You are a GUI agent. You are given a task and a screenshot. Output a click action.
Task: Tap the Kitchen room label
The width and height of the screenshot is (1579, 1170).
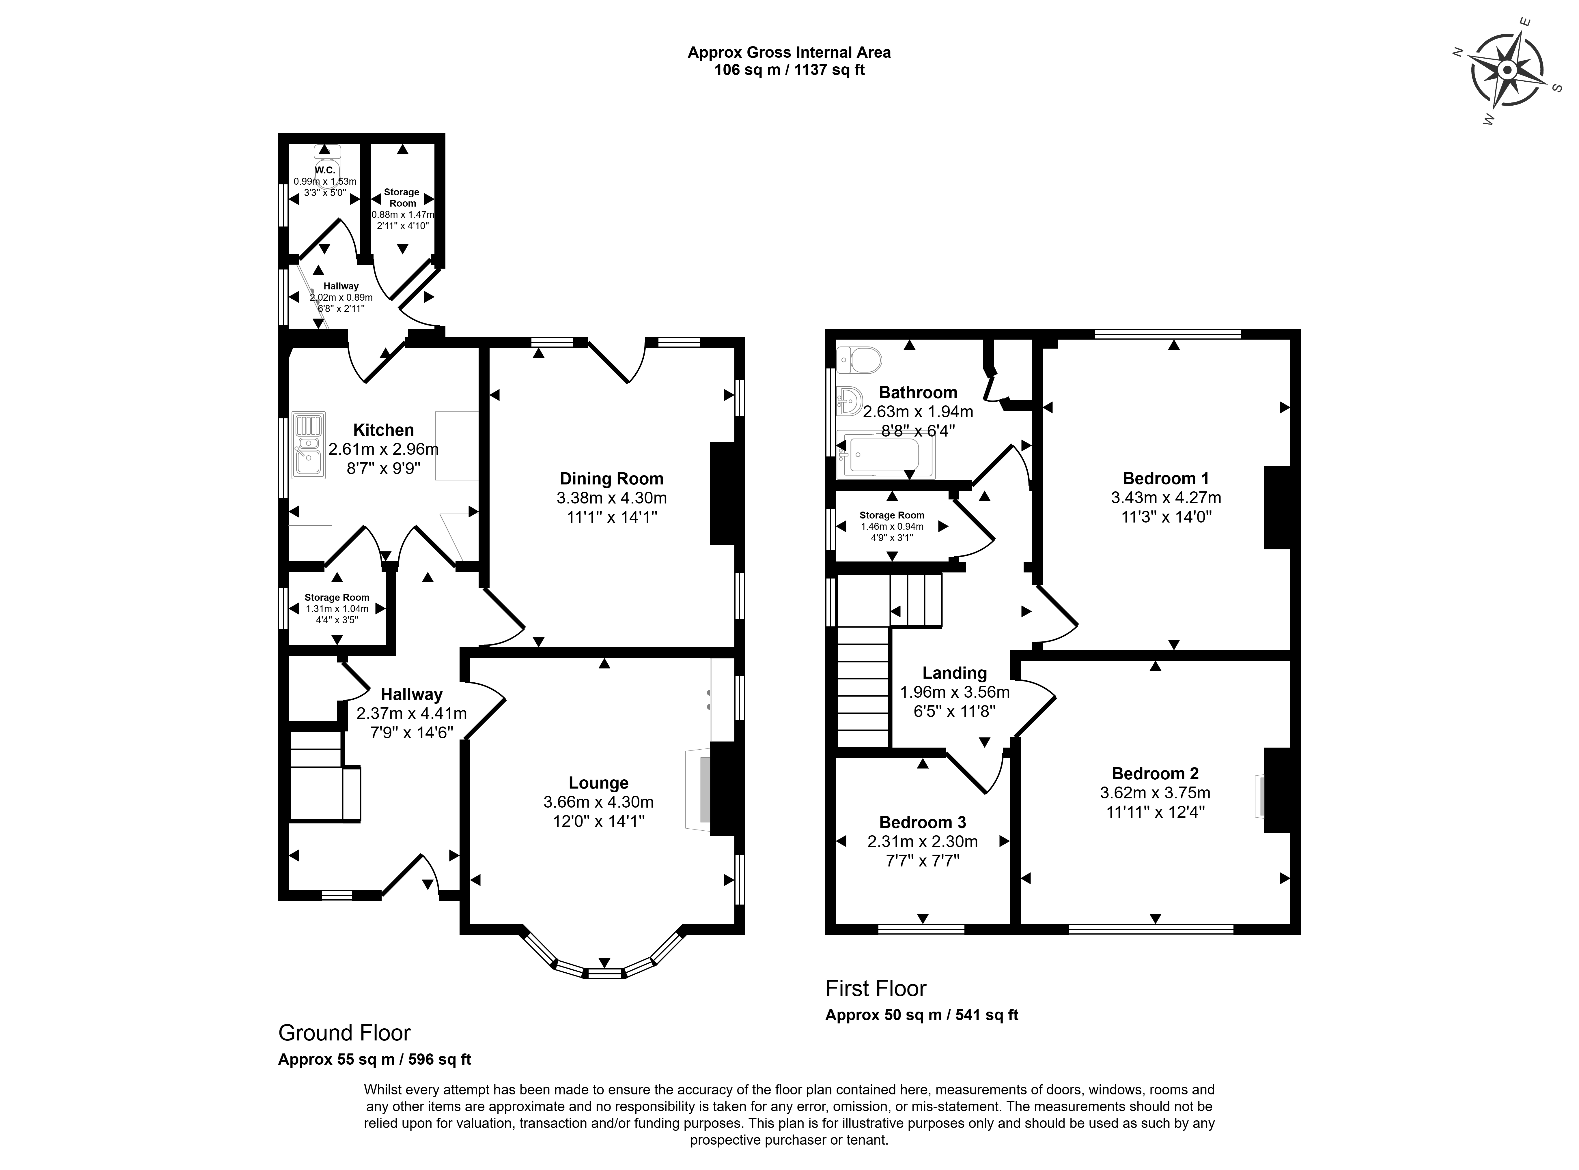pyautogui.click(x=383, y=430)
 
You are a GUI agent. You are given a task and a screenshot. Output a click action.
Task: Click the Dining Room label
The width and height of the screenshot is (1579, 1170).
pyautogui.click(x=611, y=479)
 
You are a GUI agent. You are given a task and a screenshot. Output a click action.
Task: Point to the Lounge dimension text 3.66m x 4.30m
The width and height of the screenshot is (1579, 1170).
pyautogui.click(x=599, y=802)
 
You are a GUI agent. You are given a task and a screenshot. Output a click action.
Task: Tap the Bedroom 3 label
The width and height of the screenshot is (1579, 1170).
pyautogui.click(x=922, y=822)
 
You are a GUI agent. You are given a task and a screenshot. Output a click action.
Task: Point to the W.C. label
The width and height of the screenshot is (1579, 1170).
pyautogui.click(x=325, y=171)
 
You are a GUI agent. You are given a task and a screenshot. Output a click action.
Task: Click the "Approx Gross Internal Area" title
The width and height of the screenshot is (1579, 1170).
pyautogui.click(x=789, y=53)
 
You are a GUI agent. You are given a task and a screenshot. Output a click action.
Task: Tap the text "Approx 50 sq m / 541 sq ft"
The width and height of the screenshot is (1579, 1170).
pyautogui.click(x=922, y=1015)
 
